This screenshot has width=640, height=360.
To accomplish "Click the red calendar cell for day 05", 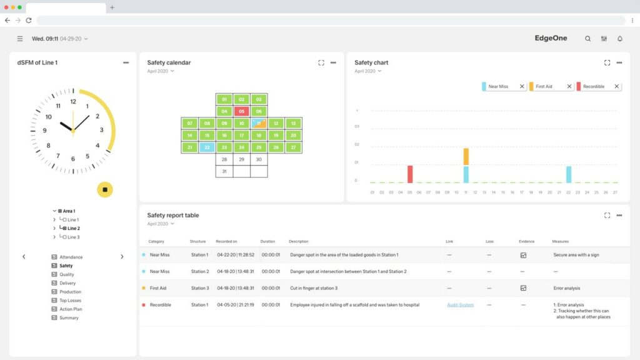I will coord(242,111).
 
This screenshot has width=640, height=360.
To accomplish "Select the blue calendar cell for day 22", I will coord(207,147).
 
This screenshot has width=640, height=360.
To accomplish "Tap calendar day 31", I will coord(224,171).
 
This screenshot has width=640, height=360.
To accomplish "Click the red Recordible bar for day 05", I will coord(410,174).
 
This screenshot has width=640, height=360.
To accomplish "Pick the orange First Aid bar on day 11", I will coord(466,156).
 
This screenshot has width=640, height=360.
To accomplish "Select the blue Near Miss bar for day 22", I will coord(569,174).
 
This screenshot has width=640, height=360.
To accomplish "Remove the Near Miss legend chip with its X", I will coord(522,86).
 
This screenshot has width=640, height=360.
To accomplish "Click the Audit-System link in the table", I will coord(460,305).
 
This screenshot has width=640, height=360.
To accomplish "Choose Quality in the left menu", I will coord(66,274).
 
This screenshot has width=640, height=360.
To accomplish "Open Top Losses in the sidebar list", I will coord(70,301).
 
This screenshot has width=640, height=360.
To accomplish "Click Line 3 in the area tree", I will coord(73,237).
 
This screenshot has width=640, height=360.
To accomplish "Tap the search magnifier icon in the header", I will coord(587,39).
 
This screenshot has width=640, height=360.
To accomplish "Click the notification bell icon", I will coord(620,39).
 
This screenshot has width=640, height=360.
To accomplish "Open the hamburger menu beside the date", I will coord(20,39).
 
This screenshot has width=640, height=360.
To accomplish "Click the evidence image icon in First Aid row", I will coord(523,288).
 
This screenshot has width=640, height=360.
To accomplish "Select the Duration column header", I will coord(267,241).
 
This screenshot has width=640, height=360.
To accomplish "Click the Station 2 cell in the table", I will coord(199,272).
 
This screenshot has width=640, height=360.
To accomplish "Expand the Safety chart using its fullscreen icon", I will coord(607,62).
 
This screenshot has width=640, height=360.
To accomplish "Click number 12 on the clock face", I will coord(73,101).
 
